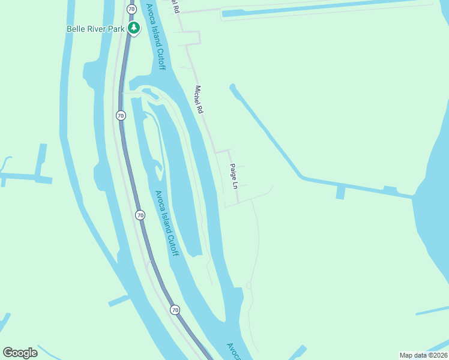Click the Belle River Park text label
pyautogui.click(x=95, y=28)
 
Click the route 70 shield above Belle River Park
pyautogui.click(x=131, y=8)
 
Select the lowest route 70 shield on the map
pyautogui.click(x=175, y=310)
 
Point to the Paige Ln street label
pyautogui.click(x=234, y=178)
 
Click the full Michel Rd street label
pyautogui.click(x=199, y=100)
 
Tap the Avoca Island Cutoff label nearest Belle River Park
pyautogui.click(x=155, y=36)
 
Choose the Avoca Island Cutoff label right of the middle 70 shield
pyautogui.click(x=167, y=223)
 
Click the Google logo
pyautogui.click(x=20, y=352)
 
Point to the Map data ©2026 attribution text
pyautogui.click(x=423, y=355)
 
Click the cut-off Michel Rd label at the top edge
pyautogui.click(x=175, y=7)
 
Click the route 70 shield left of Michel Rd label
pyautogui.click(x=121, y=115)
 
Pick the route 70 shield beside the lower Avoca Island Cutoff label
pyautogui.click(x=140, y=215)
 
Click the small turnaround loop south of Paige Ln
pyautogui.click(x=249, y=286)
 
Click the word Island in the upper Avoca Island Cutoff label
pyautogui.click(x=155, y=37)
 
